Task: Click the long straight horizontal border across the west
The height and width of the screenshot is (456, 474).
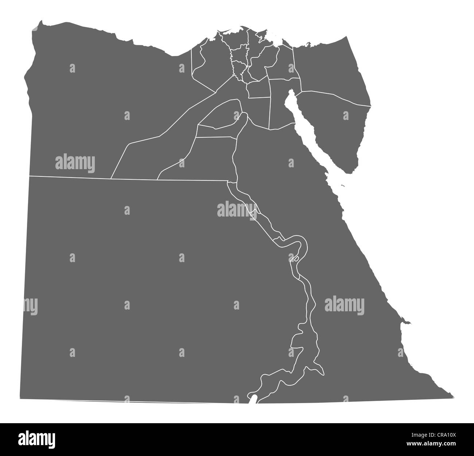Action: point(73,177)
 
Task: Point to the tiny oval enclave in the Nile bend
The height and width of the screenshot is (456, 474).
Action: point(296,259)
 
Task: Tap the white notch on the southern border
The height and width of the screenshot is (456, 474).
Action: point(253,398)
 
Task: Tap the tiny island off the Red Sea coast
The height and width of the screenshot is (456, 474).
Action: point(343,186)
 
